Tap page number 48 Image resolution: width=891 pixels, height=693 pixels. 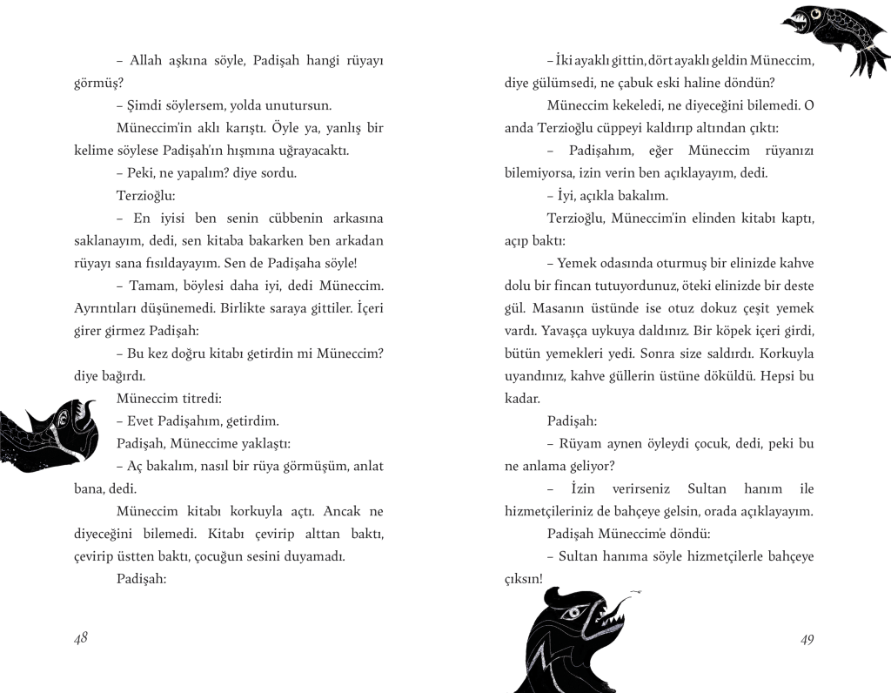tap(81, 638)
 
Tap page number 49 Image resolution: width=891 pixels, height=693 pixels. tap(807, 640)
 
